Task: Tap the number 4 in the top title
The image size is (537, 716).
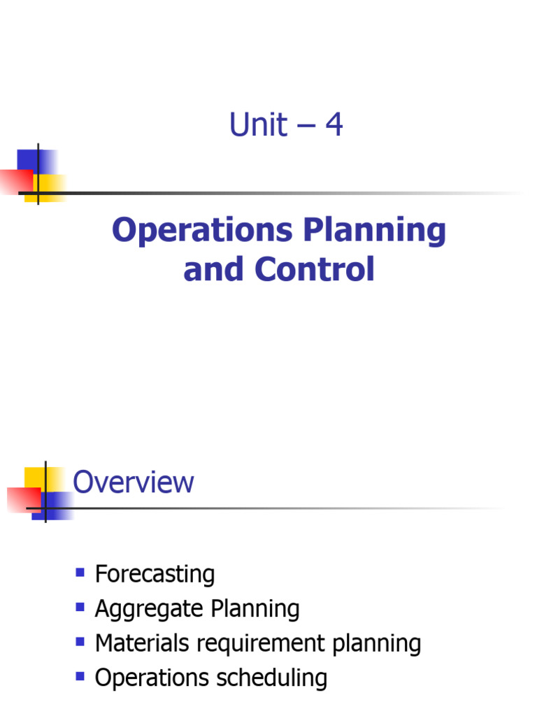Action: click(334, 126)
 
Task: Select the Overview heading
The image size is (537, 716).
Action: click(134, 482)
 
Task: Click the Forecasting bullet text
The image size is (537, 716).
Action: click(155, 574)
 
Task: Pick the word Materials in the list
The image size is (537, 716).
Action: click(141, 643)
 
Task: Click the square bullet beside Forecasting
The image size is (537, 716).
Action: click(80, 573)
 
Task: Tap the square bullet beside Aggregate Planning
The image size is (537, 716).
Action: click(80, 607)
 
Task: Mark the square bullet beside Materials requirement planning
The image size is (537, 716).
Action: click(80, 641)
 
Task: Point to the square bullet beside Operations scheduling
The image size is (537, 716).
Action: click(80, 676)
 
